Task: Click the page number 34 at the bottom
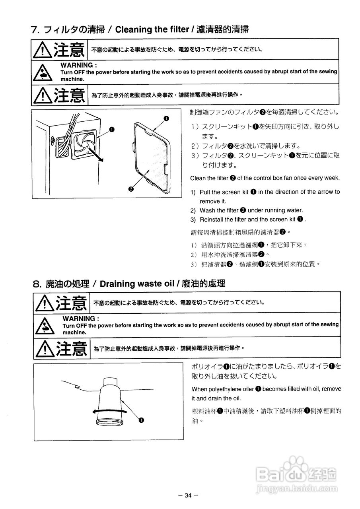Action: (x=187, y=495)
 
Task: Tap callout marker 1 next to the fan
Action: (x=112, y=129)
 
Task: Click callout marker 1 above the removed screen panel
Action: (x=166, y=118)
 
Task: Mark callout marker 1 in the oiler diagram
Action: (x=141, y=419)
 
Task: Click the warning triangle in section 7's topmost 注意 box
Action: (x=42, y=50)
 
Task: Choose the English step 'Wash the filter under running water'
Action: (x=251, y=210)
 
